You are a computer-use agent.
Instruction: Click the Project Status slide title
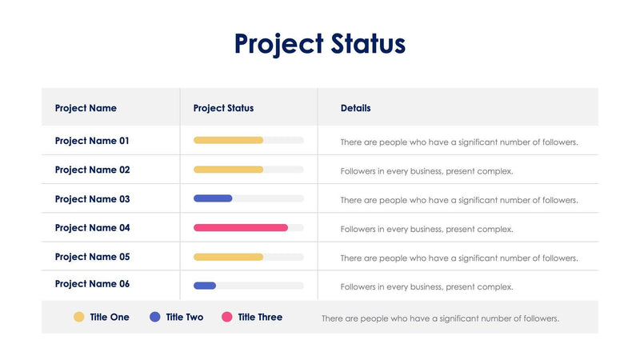tap(320, 43)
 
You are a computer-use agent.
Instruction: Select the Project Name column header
tap(86, 108)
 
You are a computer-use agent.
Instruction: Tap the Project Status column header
tap(223, 108)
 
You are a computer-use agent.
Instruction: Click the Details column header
tap(355, 108)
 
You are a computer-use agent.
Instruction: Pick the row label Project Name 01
tap(92, 141)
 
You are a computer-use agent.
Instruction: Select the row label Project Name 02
tap(92, 170)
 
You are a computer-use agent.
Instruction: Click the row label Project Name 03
tap(92, 199)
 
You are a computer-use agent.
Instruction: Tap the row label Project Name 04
tap(92, 228)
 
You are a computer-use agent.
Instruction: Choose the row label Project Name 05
tap(92, 257)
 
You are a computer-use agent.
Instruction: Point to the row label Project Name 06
tap(92, 284)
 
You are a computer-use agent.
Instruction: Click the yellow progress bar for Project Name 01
tap(228, 140)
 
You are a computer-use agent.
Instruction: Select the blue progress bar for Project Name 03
tap(213, 198)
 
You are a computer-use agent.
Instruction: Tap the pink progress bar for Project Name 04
tap(240, 228)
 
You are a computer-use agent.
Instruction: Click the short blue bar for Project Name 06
tap(205, 286)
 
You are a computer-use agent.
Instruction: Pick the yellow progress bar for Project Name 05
tap(228, 257)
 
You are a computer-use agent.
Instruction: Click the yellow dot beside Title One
tap(79, 317)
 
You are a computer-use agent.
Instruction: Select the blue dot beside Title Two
tap(155, 317)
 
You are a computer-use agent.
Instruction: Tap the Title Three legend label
tap(260, 318)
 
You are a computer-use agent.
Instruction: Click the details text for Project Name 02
tap(426, 171)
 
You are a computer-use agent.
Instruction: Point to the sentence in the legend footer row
tap(440, 318)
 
